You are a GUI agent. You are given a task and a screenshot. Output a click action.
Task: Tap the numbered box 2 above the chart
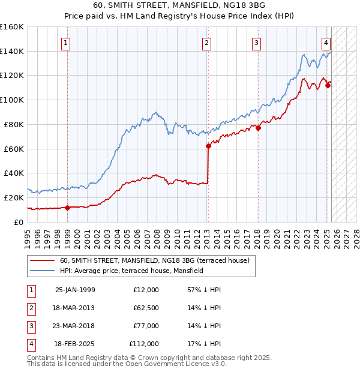coord(206,43)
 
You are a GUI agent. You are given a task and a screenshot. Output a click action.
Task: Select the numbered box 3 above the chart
coord(256,43)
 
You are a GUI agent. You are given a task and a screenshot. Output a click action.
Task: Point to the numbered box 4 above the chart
coord(325,43)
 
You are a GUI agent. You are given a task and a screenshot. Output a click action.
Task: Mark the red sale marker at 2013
coord(208,146)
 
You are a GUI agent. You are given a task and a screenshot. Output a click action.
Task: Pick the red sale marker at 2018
coord(258,128)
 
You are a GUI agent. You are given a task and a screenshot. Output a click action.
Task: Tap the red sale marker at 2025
coord(328,85)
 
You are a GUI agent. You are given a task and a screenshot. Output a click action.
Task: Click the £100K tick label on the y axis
coord(12,100)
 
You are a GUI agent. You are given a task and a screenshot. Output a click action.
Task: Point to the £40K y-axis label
coord(14,173)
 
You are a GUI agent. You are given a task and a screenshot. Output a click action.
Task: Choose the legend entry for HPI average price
coord(131,271)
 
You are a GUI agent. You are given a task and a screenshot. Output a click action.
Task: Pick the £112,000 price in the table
coord(144,344)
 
